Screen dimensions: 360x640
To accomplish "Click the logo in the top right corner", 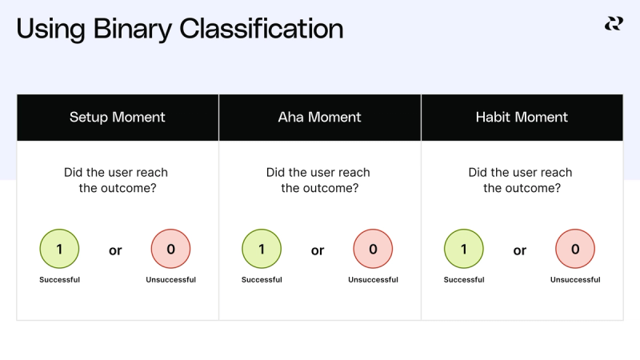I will (614, 24).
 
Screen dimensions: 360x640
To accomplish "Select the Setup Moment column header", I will (118, 117).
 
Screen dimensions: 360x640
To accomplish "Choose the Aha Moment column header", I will (319, 117).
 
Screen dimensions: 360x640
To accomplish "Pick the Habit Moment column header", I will (522, 117).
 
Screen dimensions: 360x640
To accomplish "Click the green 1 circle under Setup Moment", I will (59, 249).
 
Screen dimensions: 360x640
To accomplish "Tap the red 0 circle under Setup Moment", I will (170, 249).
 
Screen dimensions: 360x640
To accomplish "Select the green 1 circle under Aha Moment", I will (262, 249).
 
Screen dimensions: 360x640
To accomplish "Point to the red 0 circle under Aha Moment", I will (373, 249).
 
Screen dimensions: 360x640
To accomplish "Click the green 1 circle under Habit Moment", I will (464, 249).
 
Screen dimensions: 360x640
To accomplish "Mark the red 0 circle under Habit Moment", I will (575, 249).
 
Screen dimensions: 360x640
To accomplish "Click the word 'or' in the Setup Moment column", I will (115, 250).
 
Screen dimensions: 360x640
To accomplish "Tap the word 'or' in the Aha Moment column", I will (318, 250).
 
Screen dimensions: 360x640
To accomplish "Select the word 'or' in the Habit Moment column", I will (520, 250).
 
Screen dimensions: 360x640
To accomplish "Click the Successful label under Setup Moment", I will (59, 280).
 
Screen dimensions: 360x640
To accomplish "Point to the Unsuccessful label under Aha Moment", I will (373, 280).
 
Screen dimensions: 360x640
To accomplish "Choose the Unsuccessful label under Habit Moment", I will (575, 280).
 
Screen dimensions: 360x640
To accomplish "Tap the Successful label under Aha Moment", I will (262, 280).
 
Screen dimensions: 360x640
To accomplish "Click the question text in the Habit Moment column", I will (522, 181).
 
